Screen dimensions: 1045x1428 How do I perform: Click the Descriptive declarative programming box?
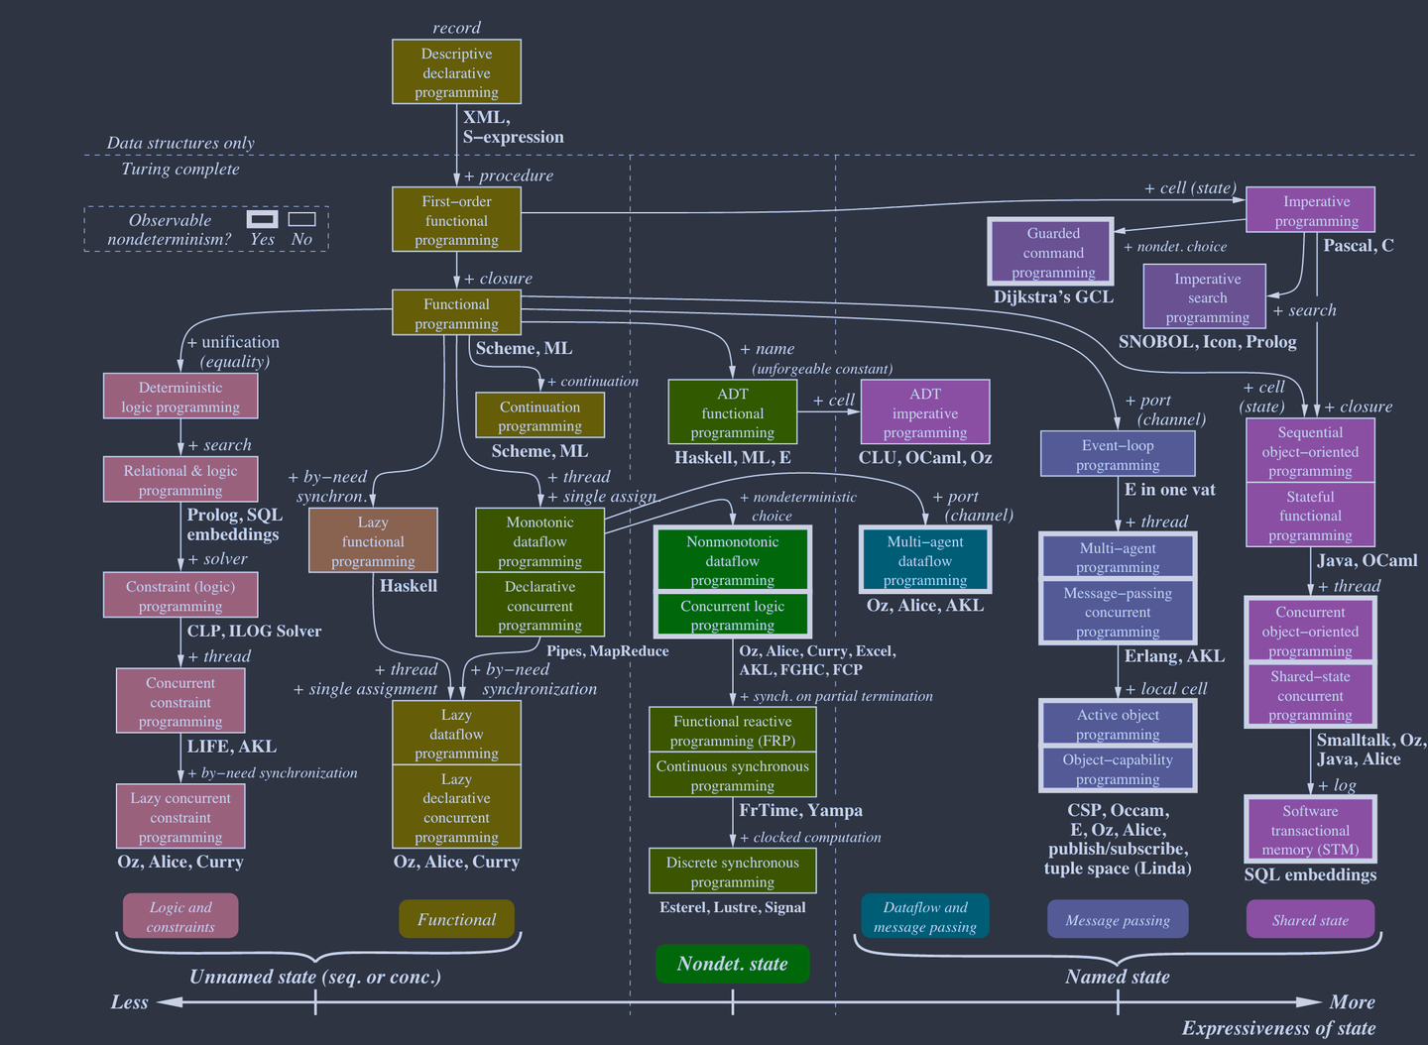[456, 72]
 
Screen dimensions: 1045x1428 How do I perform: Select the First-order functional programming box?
[456, 220]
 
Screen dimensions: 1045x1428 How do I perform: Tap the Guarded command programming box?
[1052, 252]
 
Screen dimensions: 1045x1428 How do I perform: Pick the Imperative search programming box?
[1205, 296]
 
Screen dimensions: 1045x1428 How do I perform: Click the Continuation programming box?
[539, 415]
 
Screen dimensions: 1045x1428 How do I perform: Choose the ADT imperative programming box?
[924, 412]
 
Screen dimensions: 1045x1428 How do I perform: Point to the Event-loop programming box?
[1118, 454]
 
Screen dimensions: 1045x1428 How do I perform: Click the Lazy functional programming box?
[373, 540]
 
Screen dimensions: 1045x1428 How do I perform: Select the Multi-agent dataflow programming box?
[924, 560]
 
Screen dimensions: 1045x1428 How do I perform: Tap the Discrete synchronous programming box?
[732, 871]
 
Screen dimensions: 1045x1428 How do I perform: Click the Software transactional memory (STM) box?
[1310, 830]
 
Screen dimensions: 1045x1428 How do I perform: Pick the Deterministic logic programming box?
[180, 397]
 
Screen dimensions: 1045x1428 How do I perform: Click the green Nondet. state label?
[732, 964]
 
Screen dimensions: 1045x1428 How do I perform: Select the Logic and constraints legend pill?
[180, 917]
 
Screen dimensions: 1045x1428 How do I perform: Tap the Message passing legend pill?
[1118, 920]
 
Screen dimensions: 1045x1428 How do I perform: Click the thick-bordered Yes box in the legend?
[262, 219]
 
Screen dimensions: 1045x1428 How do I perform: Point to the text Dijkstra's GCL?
[1053, 296]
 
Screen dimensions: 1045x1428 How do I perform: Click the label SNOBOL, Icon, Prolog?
[1207, 341]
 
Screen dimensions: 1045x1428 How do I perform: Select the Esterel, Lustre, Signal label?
[732, 907]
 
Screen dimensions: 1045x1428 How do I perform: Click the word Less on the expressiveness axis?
[130, 1002]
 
